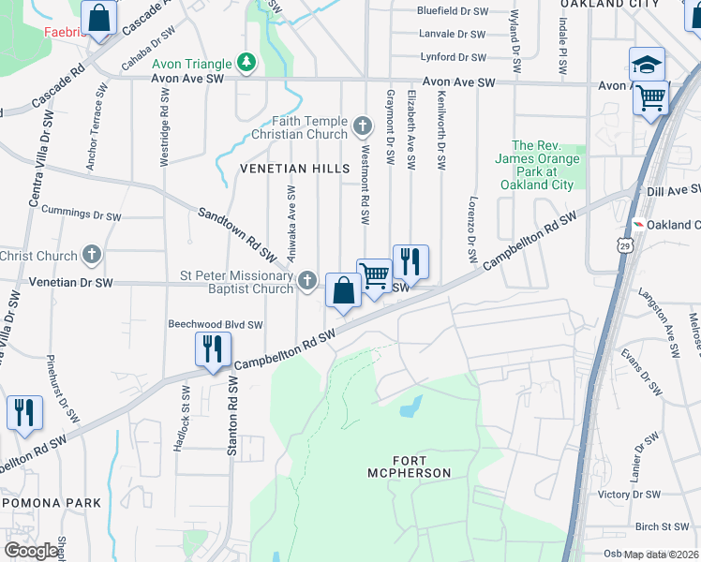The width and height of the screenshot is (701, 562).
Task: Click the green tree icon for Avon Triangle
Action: tap(246, 64)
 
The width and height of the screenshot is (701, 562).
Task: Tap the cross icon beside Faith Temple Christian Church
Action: tap(364, 125)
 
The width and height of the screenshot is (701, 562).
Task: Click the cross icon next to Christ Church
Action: tap(92, 255)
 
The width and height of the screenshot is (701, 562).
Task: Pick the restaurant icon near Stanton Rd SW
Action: tap(213, 348)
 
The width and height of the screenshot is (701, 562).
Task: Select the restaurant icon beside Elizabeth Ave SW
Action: tap(410, 260)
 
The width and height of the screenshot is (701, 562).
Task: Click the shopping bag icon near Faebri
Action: tap(98, 17)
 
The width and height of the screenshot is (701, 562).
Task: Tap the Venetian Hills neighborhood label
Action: tap(294, 169)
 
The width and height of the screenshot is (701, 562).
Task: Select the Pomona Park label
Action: tap(51, 503)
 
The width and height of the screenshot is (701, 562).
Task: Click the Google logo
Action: tap(31, 551)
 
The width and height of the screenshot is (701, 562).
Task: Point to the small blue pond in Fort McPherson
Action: tap(410, 407)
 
